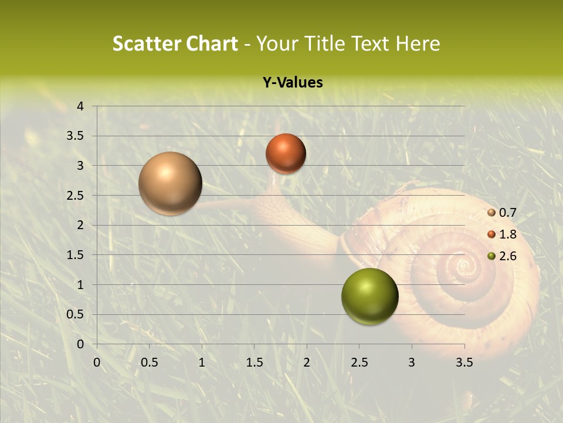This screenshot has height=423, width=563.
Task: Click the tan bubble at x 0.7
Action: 170,183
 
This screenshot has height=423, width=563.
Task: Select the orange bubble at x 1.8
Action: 286,153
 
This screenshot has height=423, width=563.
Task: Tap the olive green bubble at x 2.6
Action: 369,296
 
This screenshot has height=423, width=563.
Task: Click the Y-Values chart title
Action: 293,82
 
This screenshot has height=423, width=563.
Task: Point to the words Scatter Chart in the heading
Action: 175,43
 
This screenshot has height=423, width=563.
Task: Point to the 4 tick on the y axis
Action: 80,106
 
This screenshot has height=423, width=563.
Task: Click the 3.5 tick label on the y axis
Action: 76,136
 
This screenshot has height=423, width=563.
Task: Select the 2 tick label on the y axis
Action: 80,225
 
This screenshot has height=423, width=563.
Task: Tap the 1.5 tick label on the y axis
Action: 76,255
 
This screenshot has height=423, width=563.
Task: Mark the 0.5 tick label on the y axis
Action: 76,314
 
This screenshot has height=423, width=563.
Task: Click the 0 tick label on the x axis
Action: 97,362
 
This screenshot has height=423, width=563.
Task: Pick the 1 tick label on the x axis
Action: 202,362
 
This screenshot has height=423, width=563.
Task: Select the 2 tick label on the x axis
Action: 307,362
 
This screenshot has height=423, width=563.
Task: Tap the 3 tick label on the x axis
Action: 412,362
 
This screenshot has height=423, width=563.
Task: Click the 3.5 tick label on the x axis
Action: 464,362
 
